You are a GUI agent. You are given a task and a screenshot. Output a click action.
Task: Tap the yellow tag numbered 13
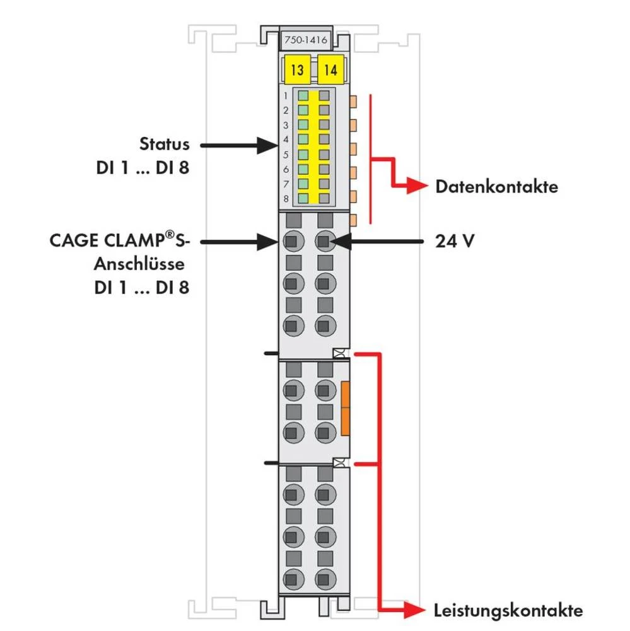click(296, 69)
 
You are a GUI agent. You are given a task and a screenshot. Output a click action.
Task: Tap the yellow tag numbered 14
click(330, 69)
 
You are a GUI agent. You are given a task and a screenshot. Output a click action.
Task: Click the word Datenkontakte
click(496, 187)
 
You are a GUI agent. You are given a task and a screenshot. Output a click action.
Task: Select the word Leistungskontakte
click(508, 610)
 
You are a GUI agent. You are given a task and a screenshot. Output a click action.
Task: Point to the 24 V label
click(454, 240)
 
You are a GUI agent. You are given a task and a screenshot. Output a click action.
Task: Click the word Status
click(164, 144)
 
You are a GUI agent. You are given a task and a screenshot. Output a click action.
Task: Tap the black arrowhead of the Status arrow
click(267, 146)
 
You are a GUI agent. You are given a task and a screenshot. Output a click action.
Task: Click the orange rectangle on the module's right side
click(345, 408)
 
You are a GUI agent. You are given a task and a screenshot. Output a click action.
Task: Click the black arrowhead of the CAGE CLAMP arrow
click(268, 240)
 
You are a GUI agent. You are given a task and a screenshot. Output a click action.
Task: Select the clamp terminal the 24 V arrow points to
click(324, 240)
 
